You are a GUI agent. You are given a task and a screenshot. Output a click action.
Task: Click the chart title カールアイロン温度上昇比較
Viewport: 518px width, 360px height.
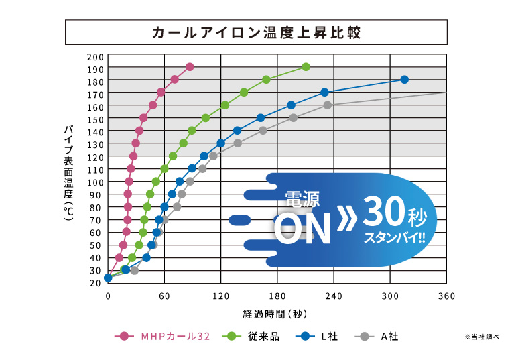[x=257, y=32]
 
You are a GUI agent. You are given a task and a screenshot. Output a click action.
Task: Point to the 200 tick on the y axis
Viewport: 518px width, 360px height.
[x=95, y=56]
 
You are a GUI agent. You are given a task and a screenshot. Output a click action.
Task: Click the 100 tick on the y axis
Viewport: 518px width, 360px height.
[x=95, y=182]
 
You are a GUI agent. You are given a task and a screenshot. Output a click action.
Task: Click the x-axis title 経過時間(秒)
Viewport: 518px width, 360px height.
[x=275, y=313]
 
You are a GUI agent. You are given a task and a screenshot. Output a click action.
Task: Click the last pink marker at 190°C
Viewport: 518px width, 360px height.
[x=190, y=67]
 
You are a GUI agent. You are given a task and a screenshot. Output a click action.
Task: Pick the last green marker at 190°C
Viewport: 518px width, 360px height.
[x=306, y=67]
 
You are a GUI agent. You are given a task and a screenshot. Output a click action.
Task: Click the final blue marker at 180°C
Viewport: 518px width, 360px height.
[x=404, y=80]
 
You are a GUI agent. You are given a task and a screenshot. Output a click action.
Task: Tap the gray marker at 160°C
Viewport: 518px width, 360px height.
[x=328, y=105]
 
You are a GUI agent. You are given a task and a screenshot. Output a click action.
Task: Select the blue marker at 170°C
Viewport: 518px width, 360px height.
[x=324, y=93]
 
